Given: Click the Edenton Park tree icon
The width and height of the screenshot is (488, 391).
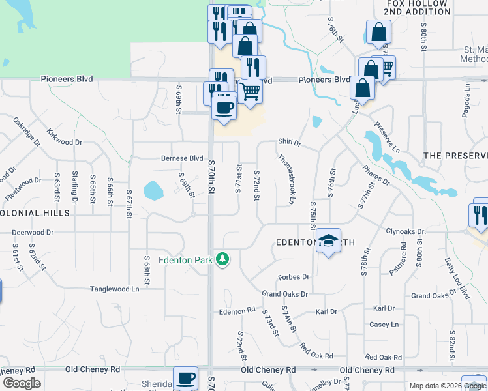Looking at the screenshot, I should (223, 259).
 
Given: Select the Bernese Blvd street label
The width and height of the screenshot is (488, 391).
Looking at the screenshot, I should (183, 158).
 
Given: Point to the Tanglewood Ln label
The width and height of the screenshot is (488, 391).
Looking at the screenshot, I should (114, 289).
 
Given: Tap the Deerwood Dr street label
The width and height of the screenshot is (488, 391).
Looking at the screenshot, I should (33, 231).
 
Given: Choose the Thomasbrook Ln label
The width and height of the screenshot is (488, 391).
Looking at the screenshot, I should (287, 175).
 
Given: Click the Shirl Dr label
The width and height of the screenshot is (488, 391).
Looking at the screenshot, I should (289, 142).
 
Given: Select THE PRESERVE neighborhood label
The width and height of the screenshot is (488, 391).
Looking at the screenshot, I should (455, 156).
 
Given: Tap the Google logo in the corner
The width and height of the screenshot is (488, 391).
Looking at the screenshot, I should (21, 383).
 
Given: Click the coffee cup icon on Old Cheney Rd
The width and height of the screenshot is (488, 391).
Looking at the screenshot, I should (186, 378).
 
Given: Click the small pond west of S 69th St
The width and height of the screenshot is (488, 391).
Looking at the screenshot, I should (153, 190).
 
